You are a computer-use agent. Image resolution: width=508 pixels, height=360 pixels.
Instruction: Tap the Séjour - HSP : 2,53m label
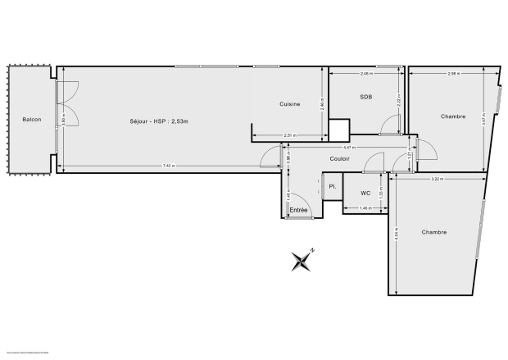coord(159,121)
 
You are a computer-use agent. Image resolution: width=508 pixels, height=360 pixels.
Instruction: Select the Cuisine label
coord(289,104)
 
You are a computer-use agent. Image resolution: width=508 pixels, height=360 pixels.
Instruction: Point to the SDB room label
coord(366,98)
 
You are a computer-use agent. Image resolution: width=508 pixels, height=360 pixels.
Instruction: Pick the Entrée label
coord(298,211)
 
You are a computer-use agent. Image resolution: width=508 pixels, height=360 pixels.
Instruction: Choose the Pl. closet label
coord(333,187)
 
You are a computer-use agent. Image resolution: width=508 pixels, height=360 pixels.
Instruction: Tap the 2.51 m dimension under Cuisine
coord(289,134)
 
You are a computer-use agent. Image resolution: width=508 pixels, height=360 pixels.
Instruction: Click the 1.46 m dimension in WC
coord(365,207)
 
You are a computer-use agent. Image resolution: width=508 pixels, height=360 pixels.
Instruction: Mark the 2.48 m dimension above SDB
coord(366,74)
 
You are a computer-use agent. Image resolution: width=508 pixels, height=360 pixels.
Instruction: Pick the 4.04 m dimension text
coord(397,235)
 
